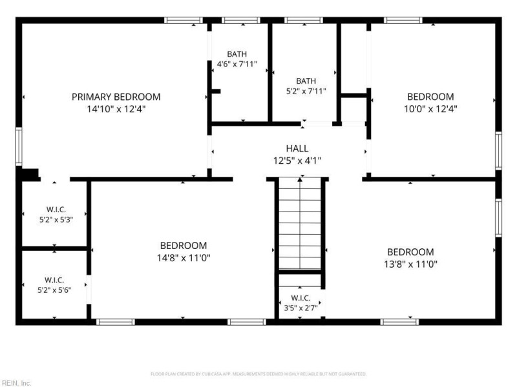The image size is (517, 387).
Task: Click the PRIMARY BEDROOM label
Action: [x=116, y=97]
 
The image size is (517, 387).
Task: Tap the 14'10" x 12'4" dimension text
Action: [x=116, y=109]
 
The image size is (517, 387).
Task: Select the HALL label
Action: [x=297, y=148]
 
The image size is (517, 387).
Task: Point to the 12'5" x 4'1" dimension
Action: [x=297, y=161]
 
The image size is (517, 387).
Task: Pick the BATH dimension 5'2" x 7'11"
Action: [x=306, y=91]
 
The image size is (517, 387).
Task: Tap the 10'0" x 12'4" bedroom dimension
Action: [x=430, y=108]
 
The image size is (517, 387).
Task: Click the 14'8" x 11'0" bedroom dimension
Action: [x=184, y=257]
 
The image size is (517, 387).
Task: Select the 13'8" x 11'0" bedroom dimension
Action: [x=410, y=264]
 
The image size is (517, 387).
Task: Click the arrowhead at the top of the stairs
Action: [x=300, y=179]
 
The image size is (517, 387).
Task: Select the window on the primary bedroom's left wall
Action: [x=19, y=146]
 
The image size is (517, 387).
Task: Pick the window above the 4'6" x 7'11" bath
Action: [x=240, y=21]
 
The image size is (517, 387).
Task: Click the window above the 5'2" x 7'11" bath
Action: [x=304, y=21]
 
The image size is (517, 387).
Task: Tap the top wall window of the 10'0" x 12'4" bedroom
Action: [x=403, y=21]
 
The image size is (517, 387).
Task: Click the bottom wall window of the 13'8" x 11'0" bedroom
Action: [x=399, y=322]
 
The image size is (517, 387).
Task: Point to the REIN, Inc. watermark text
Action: [x=16, y=383]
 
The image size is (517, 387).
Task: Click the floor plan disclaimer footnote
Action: [x=258, y=374]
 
